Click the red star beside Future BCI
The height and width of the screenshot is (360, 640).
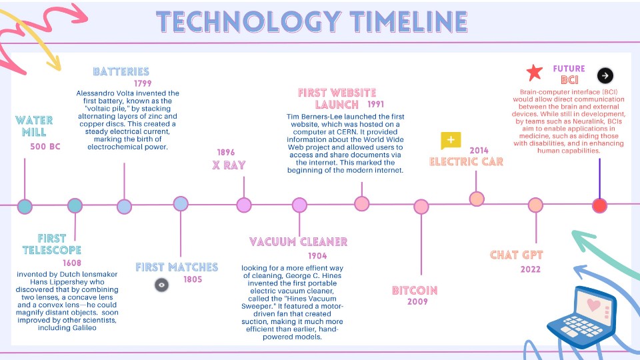pyautogui.click(x=534, y=72)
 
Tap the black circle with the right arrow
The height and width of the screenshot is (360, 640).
pyautogui.click(x=605, y=75)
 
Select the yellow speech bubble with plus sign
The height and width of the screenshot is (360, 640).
pyautogui.click(x=451, y=141)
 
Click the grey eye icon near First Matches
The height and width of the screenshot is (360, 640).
pyautogui.click(x=161, y=285)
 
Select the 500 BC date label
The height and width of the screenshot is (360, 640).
pyautogui.click(x=45, y=147)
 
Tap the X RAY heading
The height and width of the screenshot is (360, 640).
pyautogui.click(x=229, y=165)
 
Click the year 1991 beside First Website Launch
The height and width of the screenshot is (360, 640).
pyautogui.click(x=375, y=105)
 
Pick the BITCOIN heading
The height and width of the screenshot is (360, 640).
pyautogui.click(x=415, y=290)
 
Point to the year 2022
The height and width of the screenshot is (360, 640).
pyautogui.click(x=531, y=269)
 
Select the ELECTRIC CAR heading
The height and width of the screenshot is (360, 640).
pyautogui.click(x=466, y=161)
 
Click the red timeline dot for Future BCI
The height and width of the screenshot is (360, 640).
pyautogui.click(x=600, y=206)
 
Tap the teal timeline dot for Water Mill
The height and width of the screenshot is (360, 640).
pyautogui.click(x=25, y=207)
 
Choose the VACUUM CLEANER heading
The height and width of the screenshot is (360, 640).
pyautogui.click(x=299, y=241)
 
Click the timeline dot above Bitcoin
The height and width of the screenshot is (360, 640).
pyautogui.click(x=421, y=207)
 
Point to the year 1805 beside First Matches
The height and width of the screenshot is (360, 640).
pyautogui.click(x=193, y=279)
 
